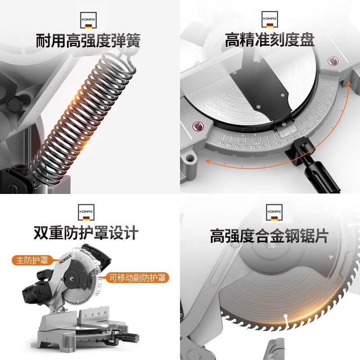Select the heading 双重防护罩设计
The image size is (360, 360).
tap(85, 233)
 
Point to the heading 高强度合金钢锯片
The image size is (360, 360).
tap(270, 235)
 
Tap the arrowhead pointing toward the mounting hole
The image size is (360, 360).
tap(206, 161)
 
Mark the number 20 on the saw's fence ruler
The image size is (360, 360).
tap(105, 312)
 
